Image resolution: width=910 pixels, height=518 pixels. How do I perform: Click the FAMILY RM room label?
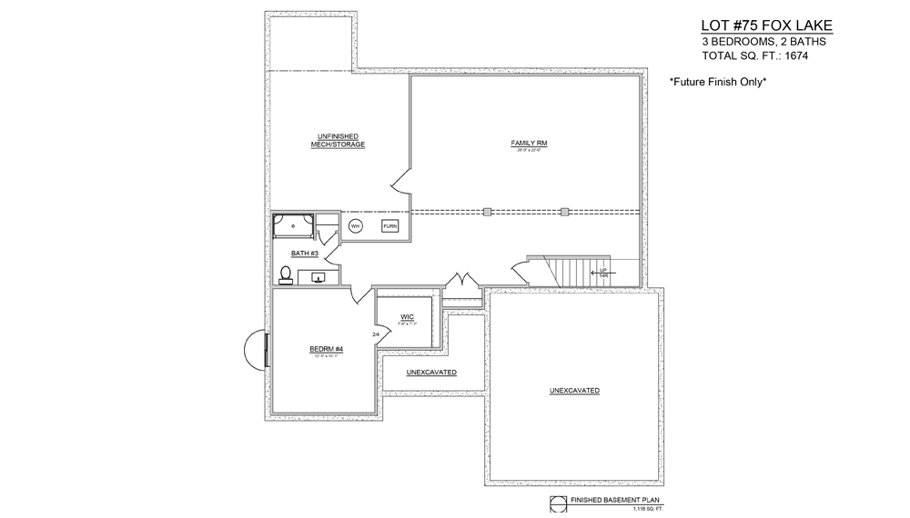coord(528,144)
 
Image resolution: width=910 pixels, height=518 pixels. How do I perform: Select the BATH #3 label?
coord(304,254)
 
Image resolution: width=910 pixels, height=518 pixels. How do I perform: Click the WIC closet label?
coord(407,317)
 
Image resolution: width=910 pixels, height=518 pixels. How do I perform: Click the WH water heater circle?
coord(356,225)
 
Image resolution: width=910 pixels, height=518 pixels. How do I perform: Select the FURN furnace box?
coord(389,225)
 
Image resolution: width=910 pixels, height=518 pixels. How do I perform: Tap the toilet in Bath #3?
coord(286,274)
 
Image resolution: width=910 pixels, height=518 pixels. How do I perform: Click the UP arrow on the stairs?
coord(602,272)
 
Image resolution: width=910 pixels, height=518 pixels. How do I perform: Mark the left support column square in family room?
coord(488,212)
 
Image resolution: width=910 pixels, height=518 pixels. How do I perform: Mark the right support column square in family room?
coord(565,212)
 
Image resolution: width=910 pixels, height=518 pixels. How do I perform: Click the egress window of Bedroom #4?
coord(256,350)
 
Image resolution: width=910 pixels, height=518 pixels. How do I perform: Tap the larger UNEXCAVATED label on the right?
coord(574,390)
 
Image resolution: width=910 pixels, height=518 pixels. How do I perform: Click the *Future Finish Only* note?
coord(719,82)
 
